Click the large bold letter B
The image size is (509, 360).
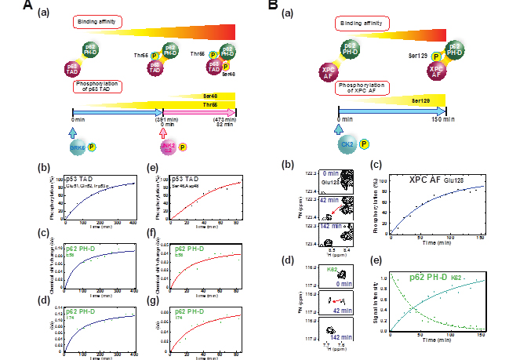[x=274, y=6]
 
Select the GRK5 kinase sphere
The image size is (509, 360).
[x=78, y=147]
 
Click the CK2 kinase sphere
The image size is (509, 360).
[x=347, y=144]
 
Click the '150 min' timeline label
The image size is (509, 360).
[x=443, y=119]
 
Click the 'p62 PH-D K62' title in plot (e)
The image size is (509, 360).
[x=447, y=276]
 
